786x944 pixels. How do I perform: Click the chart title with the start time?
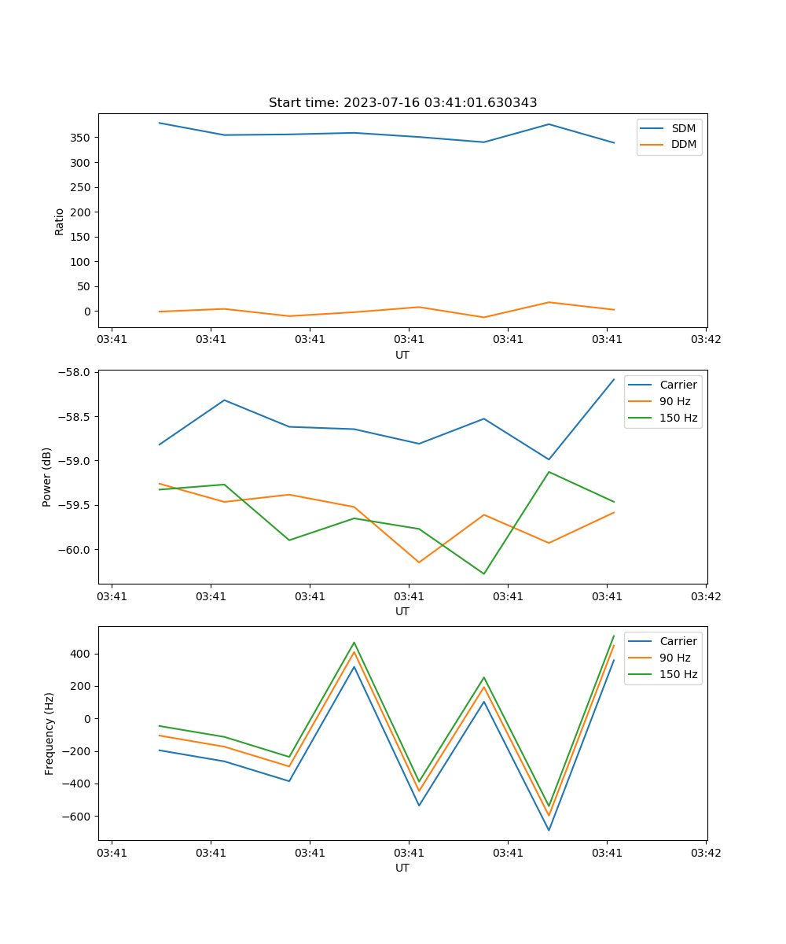pos(402,103)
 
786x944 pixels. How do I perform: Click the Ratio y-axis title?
pos(60,221)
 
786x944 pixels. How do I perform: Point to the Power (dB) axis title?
pos(47,477)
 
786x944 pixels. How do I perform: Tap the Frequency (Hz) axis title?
pos(50,733)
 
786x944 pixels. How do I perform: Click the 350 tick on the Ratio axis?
pos(79,138)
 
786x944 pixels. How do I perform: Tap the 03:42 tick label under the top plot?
pos(705,340)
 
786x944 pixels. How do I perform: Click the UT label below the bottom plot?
pos(402,868)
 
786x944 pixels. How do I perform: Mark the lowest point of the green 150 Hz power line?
pos(483,573)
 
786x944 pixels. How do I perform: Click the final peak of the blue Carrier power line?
pos(614,379)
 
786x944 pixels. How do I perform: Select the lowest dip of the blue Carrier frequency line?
pos(549,830)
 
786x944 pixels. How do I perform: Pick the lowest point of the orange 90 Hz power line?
pos(419,562)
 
